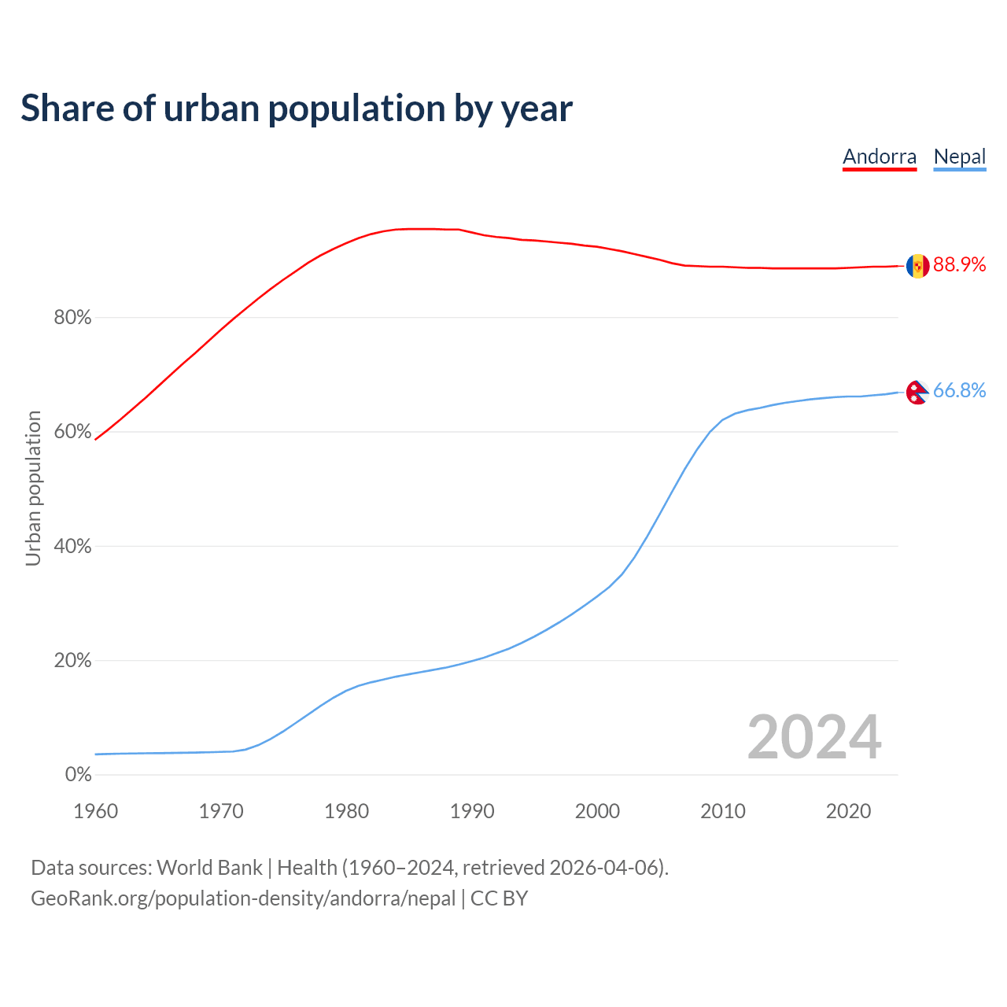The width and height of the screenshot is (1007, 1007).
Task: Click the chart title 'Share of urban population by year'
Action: (297, 109)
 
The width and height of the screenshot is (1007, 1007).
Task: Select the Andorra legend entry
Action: (880, 157)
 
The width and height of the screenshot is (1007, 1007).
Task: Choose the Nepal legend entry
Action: (959, 157)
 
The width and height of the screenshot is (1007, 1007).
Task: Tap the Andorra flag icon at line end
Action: (917, 266)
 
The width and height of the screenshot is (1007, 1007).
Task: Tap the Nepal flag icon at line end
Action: (917, 391)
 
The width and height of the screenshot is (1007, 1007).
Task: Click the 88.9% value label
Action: (959, 265)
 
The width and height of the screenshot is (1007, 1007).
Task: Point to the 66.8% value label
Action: (959, 390)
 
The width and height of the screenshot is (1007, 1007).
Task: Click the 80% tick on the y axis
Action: (72, 318)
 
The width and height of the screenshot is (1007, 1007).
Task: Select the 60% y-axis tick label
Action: (72, 432)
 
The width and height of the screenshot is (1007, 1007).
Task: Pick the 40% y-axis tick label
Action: (72, 546)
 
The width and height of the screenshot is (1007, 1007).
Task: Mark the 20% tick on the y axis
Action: (72, 661)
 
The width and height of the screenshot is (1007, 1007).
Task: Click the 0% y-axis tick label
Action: (78, 775)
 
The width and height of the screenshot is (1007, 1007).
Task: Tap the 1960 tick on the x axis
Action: (95, 811)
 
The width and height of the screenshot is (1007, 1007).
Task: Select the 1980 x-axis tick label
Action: (346, 811)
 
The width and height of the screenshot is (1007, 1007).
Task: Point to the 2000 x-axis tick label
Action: (597, 811)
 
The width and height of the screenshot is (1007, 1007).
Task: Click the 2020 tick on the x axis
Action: (848, 811)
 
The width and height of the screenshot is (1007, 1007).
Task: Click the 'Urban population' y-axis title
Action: (33, 488)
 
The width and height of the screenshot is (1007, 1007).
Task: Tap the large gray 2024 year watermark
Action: (814, 738)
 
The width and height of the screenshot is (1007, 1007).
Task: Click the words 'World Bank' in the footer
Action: (209, 868)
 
